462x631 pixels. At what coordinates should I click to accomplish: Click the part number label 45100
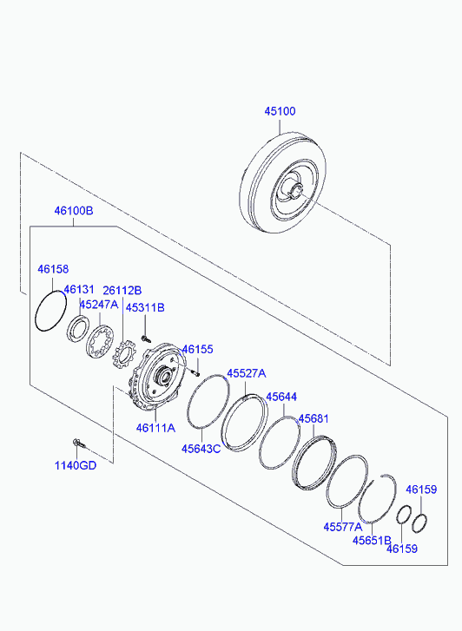click(280, 111)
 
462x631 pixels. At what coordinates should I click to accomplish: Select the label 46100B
click(73, 210)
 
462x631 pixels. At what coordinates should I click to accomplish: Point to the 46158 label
click(53, 269)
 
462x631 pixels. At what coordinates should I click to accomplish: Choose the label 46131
click(79, 289)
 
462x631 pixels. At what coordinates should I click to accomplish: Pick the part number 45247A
click(99, 305)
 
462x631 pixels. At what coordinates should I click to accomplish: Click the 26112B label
click(122, 290)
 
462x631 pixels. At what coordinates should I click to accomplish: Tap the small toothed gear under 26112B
click(123, 354)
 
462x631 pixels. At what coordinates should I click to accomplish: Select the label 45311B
click(145, 307)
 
